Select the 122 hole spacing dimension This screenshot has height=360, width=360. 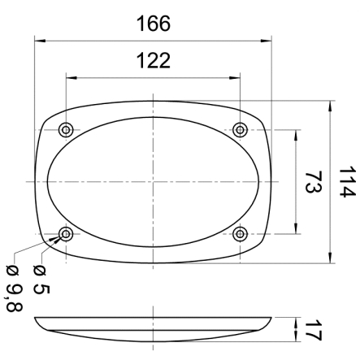153,61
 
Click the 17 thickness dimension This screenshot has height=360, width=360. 312,332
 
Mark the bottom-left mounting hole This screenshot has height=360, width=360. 66,234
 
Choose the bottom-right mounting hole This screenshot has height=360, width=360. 240,234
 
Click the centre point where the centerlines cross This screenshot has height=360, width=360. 153,182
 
